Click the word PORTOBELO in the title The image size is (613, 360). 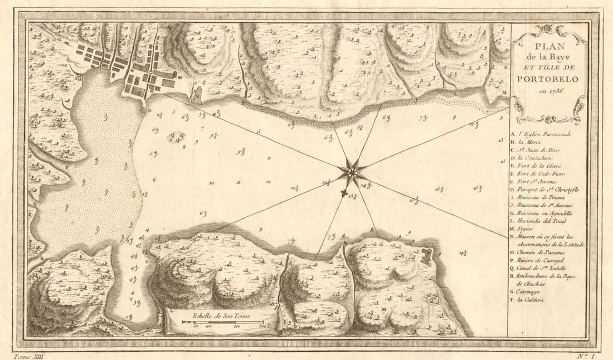547,79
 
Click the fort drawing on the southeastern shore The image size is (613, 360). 427,256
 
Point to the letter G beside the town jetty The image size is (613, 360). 148,110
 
